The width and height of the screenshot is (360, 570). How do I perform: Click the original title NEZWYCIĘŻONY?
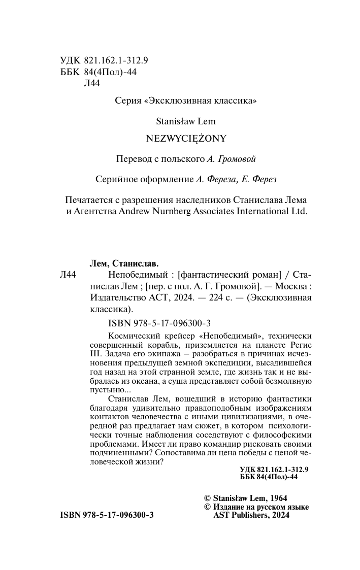point(185,138)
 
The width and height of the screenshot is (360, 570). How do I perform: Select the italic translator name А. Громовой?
point(231,158)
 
